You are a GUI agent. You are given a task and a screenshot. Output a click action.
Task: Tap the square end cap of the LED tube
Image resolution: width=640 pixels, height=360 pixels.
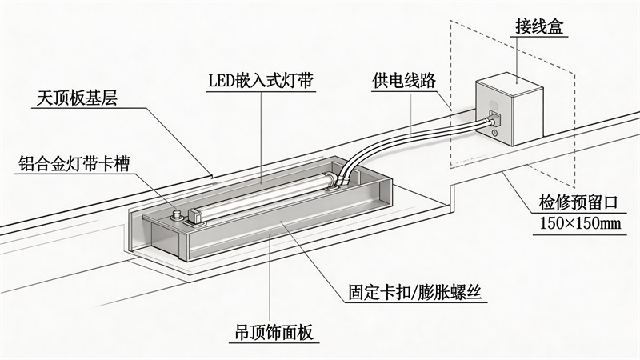[194, 215]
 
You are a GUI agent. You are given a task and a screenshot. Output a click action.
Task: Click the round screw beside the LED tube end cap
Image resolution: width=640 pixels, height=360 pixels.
[178, 214]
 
